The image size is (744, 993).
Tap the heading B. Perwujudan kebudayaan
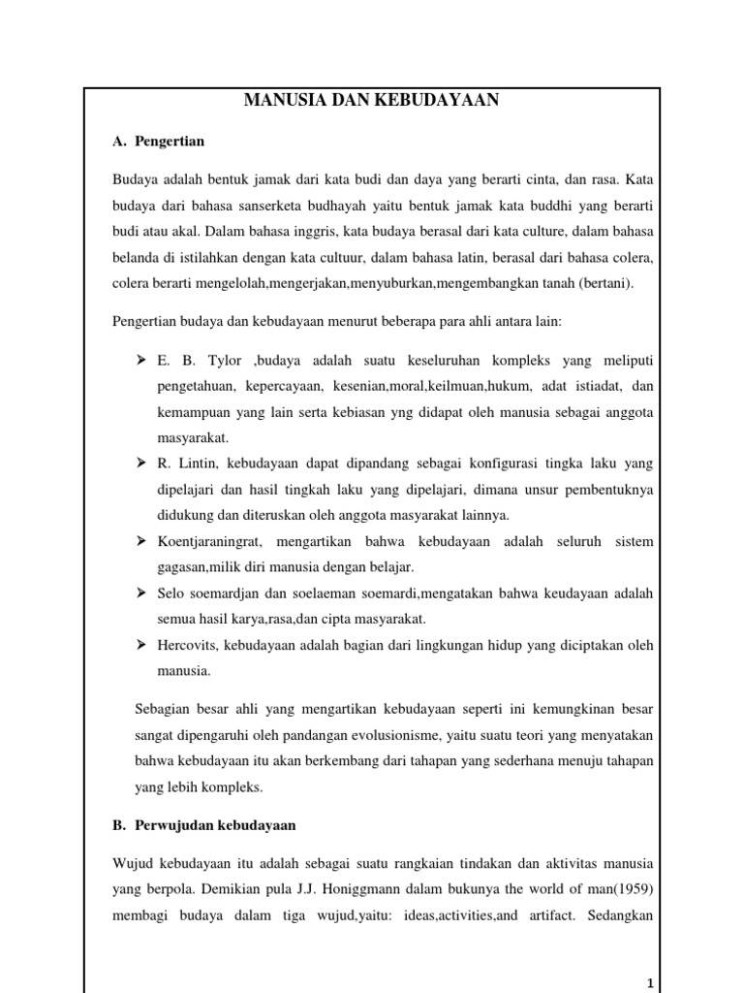pos(204,825)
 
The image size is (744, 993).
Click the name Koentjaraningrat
pos(208,539)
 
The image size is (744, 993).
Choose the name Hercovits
pos(185,644)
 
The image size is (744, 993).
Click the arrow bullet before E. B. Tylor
pos(139,361)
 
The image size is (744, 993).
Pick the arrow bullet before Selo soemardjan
pos(139,592)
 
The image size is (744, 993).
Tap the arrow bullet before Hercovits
pos(139,644)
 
